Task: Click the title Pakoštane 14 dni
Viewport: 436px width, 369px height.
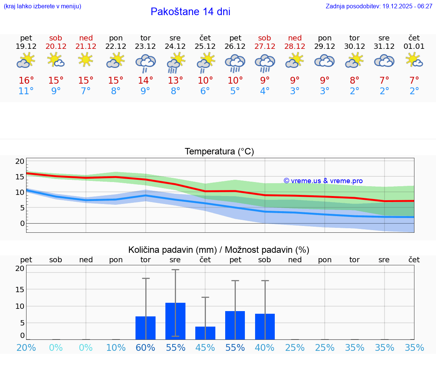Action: point(190,12)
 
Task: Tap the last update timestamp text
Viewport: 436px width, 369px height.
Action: point(379,6)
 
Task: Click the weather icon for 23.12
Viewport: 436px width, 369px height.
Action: point(146,63)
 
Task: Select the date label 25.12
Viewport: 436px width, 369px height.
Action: point(205,46)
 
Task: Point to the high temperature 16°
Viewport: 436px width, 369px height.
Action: point(26,81)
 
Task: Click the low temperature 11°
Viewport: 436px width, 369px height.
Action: point(26,91)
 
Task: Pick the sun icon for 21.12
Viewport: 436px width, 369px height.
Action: point(86,59)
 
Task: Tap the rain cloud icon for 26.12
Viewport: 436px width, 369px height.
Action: point(235,63)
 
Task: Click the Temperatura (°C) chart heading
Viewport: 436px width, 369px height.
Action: point(219,152)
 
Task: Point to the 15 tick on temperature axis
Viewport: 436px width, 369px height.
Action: point(20,177)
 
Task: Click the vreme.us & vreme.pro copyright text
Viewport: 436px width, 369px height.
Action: point(323,181)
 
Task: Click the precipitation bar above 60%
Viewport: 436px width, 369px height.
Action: point(146,328)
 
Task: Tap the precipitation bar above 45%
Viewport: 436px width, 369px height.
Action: point(205,333)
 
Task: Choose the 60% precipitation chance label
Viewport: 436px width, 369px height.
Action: point(146,348)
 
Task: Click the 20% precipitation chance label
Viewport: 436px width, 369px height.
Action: point(26,348)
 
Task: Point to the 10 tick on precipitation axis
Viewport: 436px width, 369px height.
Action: point(20,306)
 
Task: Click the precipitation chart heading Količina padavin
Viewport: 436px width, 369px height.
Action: point(219,250)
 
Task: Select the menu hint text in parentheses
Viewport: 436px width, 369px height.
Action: point(42,6)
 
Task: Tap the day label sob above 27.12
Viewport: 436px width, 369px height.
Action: point(265,38)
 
